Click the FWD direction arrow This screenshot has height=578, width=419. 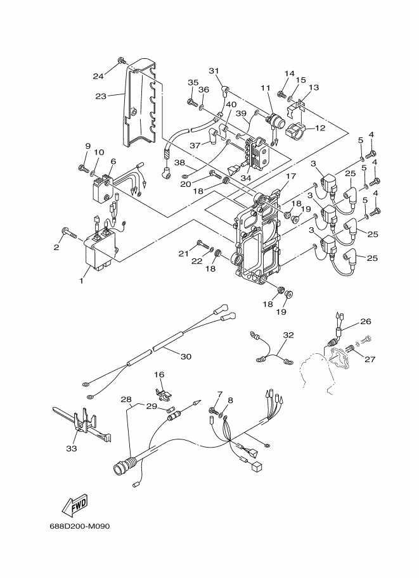pyautogui.click(x=75, y=505)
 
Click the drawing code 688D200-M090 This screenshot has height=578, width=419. pyautogui.click(x=80, y=526)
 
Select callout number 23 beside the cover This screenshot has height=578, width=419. pyautogui.click(x=101, y=96)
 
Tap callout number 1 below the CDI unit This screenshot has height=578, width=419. pyautogui.click(x=81, y=280)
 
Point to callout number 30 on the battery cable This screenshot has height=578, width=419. pyautogui.click(x=186, y=356)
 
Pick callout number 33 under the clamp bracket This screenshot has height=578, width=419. pyautogui.click(x=72, y=448)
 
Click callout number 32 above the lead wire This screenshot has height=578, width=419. pyautogui.click(x=288, y=335)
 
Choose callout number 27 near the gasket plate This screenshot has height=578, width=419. pyautogui.click(x=370, y=359)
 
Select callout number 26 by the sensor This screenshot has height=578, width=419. pyautogui.click(x=366, y=322)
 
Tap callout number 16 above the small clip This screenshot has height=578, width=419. pyautogui.click(x=159, y=375)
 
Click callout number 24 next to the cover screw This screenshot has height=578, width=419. pyautogui.click(x=98, y=77)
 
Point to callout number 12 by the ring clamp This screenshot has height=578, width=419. pyautogui.click(x=320, y=128)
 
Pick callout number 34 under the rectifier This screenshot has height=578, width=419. pyautogui.click(x=246, y=178)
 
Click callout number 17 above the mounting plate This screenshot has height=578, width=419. pyautogui.click(x=291, y=176)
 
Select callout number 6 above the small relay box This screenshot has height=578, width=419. pyautogui.click(x=113, y=161)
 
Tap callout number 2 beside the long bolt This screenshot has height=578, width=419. pyautogui.click(x=56, y=248)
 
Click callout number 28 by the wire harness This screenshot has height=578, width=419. pyautogui.click(x=126, y=399)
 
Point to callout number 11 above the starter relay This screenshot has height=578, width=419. pyautogui.click(x=265, y=88)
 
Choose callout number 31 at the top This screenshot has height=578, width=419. pyautogui.click(x=214, y=70)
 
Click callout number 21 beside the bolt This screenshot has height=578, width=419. pyautogui.click(x=184, y=253)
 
